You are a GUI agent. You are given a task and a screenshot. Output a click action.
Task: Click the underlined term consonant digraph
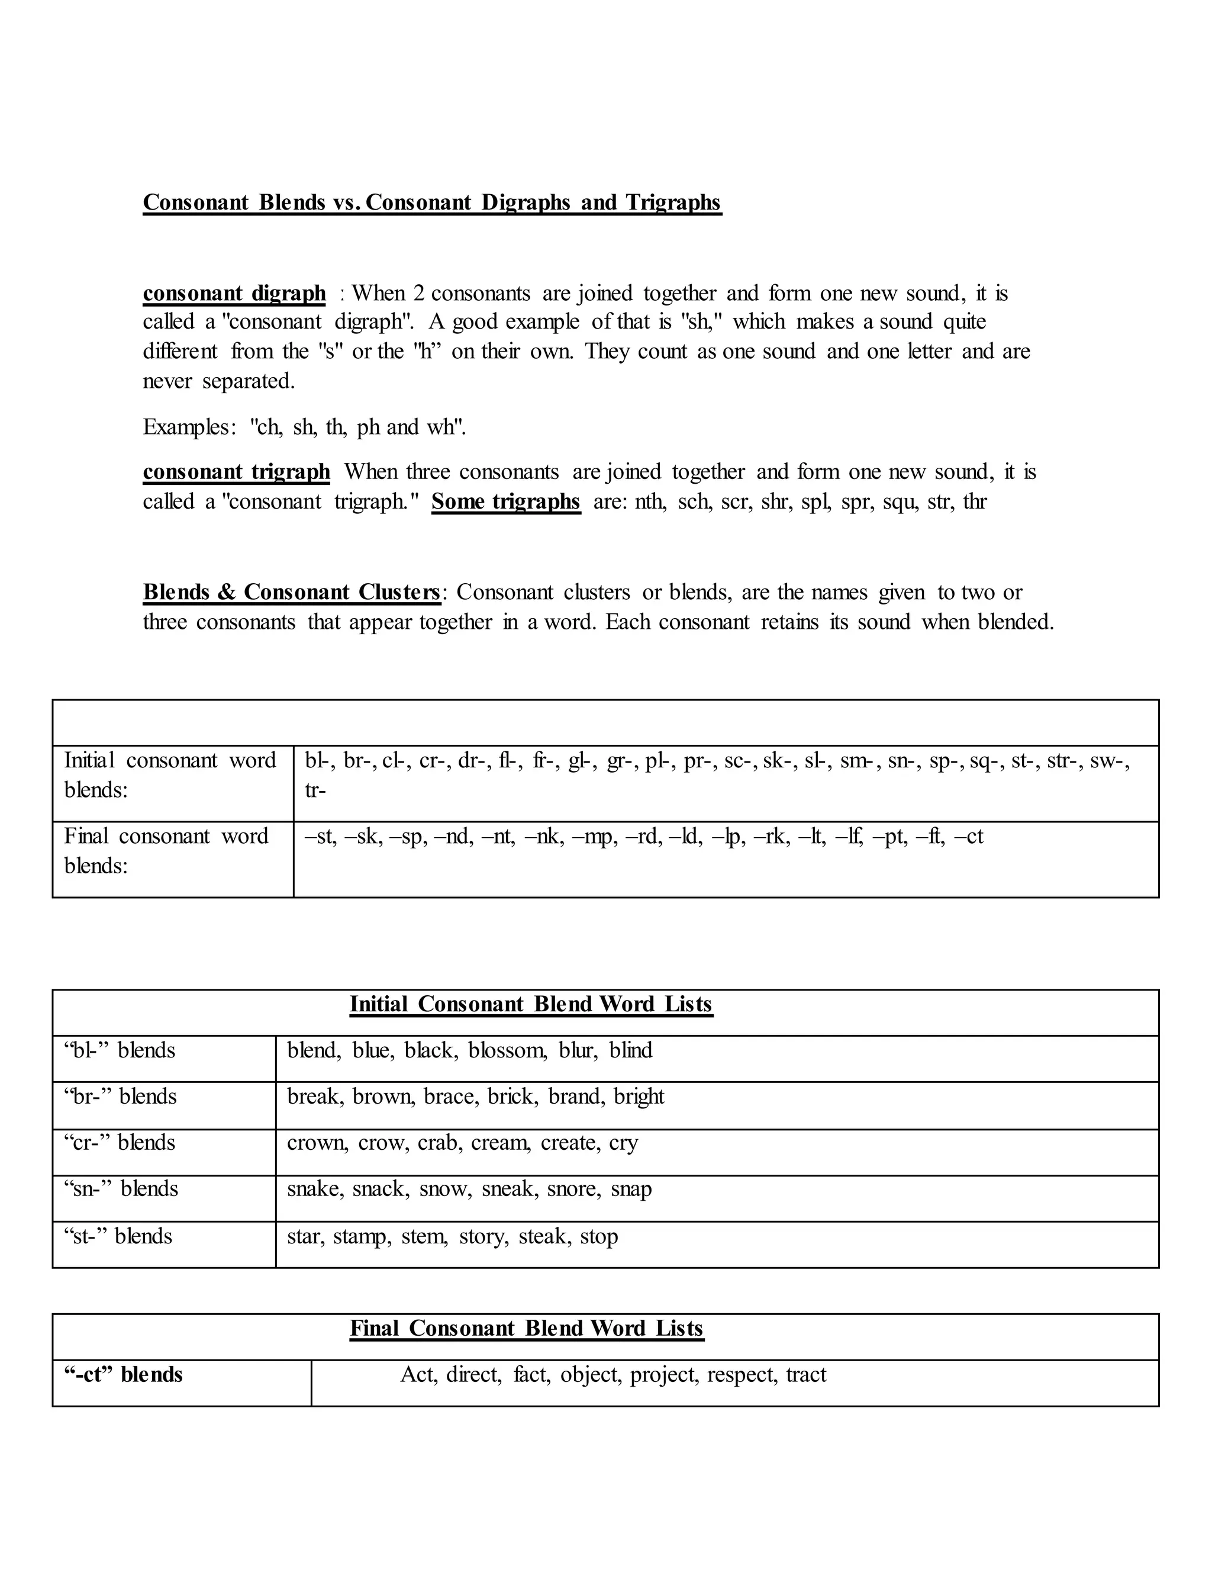coord(234,293)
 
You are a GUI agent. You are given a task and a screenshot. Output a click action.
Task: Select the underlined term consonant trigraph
coord(236,472)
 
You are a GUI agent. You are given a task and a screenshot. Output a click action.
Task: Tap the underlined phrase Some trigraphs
coord(505,501)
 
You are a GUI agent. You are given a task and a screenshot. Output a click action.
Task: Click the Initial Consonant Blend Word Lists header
coord(531,1004)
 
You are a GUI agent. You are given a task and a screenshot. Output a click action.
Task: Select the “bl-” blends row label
coord(119,1050)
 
